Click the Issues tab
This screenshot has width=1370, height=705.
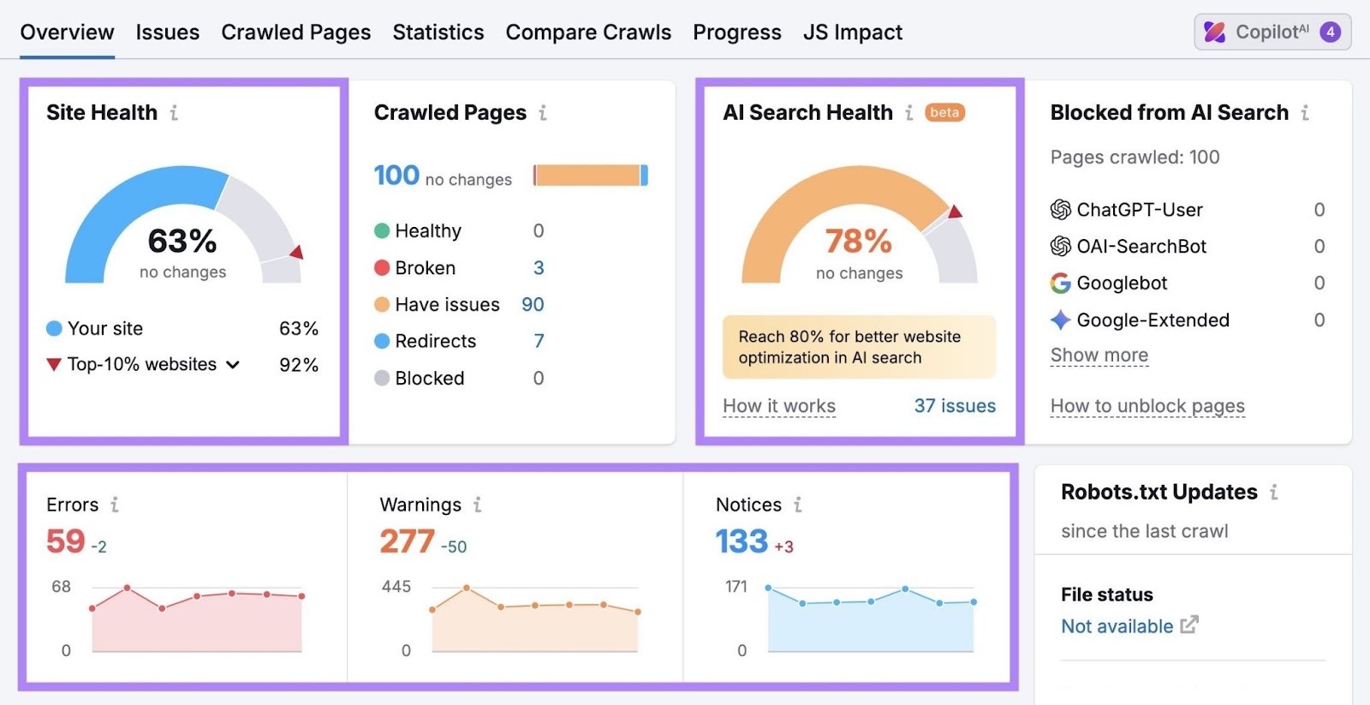(167, 33)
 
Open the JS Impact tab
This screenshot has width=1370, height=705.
(852, 33)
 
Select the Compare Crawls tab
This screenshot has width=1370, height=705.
(588, 33)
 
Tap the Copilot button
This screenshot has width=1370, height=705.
(1272, 33)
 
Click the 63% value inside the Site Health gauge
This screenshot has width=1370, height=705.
(182, 241)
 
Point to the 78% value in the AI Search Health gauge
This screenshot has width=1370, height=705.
(858, 242)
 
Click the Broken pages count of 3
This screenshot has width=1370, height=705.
(539, 268)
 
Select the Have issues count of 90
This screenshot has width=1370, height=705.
(533, 305)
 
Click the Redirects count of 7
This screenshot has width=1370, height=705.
(539, 341)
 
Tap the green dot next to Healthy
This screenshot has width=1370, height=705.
(382, 231)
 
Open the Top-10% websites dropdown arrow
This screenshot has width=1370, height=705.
(233, 365)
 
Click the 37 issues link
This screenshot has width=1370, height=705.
(954, 406)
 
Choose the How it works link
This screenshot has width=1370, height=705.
(778, 406)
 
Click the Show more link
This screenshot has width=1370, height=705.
(1099, 355)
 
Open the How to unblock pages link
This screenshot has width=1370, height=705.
(1147, 406)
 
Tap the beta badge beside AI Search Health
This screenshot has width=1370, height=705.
(944, 112)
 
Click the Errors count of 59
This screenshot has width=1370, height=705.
(66, 541)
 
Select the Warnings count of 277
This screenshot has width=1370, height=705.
(407, 541)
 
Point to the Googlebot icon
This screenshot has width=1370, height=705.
(1060, 284)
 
